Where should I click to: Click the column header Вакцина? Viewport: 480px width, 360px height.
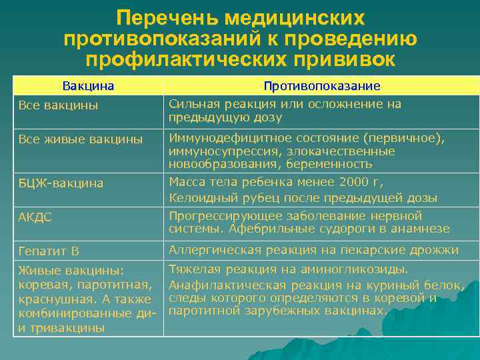coord(88,86)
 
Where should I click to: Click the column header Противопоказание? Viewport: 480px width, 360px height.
coord(322,86)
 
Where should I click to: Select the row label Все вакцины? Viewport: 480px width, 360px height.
coord(59,105)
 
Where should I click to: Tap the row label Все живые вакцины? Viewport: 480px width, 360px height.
coord(81,139)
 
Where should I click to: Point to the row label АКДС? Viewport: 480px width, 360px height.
coord(35,217)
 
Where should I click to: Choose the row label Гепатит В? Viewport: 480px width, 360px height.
coord(49,251)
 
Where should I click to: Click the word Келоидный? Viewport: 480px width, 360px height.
coord(199,198)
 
